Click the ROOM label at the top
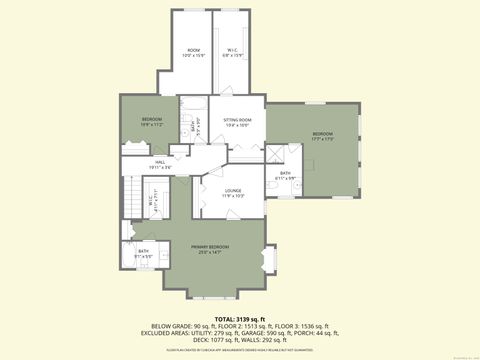click(194, 49)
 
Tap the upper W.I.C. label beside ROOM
click(229, 49)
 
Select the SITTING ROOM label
click(237, 120)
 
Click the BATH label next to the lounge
click(285, 175)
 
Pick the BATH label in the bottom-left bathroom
click(144, 252)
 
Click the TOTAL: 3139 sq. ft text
click(239, 318)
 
